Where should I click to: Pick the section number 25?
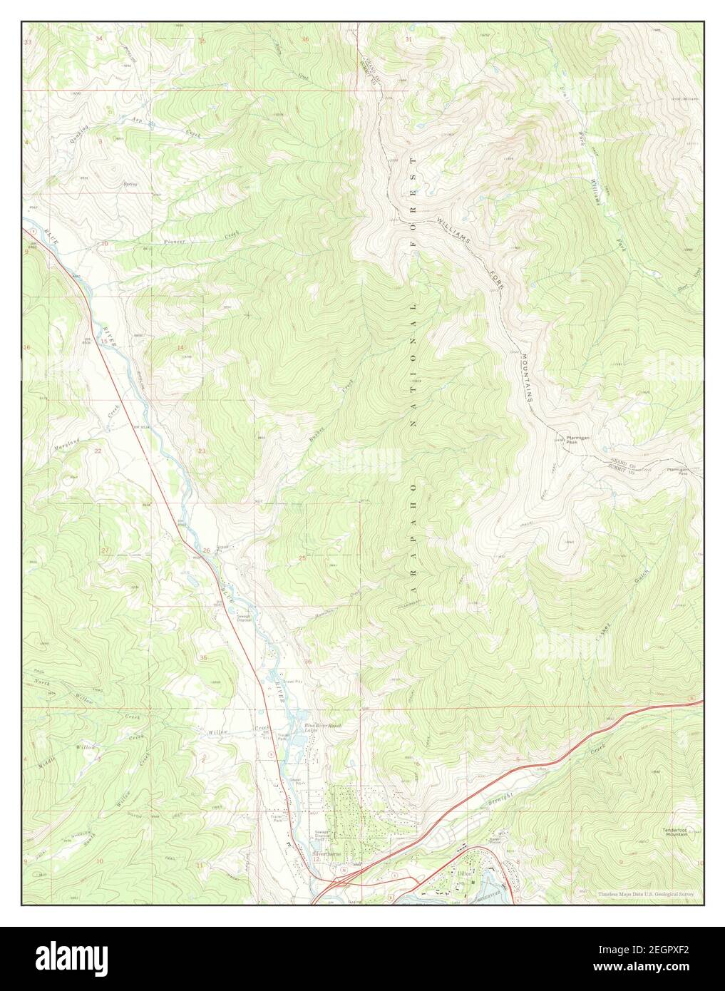click(x=302, y=558)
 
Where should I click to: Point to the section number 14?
click(x=180, y=348)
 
